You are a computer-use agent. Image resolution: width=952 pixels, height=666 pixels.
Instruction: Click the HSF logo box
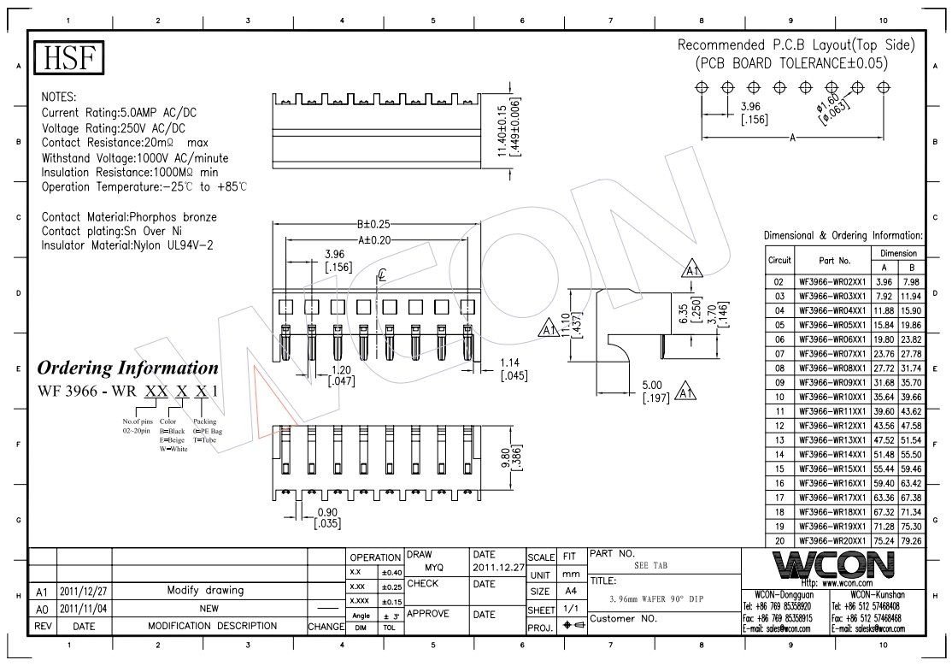coord(68,57)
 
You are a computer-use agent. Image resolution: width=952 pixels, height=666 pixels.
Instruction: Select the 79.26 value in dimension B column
coord(908,541)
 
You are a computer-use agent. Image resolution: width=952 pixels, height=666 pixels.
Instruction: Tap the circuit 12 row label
coord(779,426)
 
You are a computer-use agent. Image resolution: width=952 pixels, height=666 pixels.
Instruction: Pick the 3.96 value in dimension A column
coord(883,282)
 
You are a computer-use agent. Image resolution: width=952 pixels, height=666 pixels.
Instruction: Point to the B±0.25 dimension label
coord(374,224)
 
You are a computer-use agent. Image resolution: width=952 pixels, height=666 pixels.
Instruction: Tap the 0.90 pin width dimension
coord(327,517)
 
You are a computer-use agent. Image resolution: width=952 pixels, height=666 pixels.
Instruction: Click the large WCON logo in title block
coord(833,566)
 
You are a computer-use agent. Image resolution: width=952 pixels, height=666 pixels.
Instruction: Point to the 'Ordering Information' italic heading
coord(127,368)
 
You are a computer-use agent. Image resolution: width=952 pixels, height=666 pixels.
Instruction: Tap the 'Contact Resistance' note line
coord(125,143)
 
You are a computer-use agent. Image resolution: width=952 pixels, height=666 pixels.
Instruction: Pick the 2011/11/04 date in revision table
coord(83,608)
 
